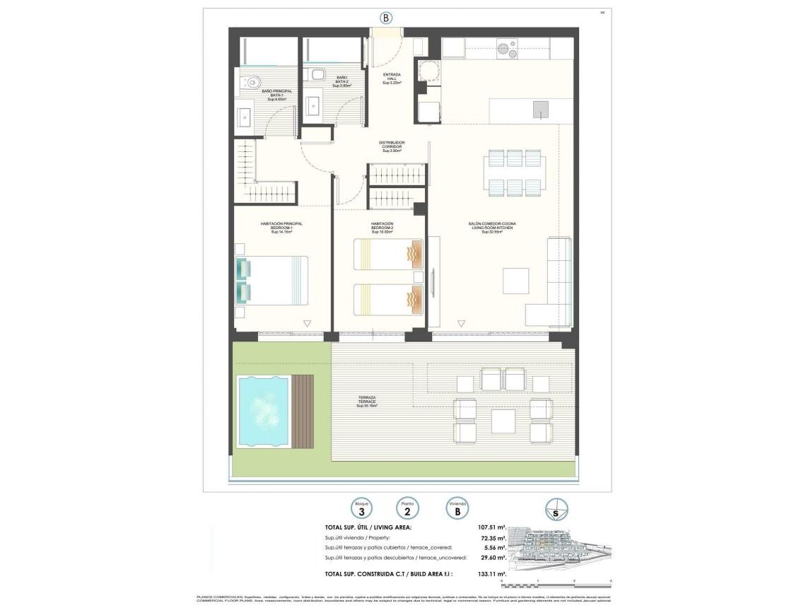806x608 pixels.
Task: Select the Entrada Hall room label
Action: pos(392,78)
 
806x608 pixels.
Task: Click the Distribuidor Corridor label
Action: pos(392,146)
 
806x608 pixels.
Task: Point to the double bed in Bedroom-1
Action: pos(273,280)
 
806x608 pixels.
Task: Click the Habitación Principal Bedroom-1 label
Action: pos(281,227)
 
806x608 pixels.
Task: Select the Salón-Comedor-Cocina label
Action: pos(492,227)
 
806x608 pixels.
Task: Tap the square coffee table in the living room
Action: pos(515,281)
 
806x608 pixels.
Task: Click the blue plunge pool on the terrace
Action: pos(264,411)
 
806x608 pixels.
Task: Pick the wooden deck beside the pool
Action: pos(303,411)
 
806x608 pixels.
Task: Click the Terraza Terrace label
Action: pos(367,403)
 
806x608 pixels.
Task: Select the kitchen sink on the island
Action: pos(541,109)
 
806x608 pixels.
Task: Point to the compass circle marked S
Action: pos(556,510)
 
